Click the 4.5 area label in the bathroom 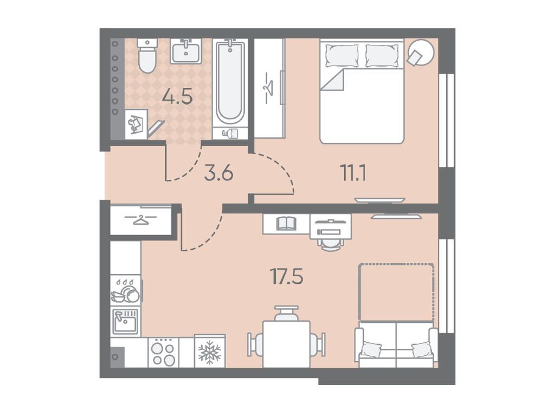pyautogui.click(x=177, y=96)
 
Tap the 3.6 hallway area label pyautogui.click(x=218, y=173)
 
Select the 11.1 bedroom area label pyautogui.click(x=353, y=173)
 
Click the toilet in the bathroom pyautogui.click(x=147, y=56)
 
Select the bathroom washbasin pyautogui.click(x=186, y=51)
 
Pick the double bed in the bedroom pyautogui.click(x=362, y=91)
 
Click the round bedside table pyautogui.click(x=421, y=53)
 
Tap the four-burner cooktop pyautogui.click(x=163, y=352)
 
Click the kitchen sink pyautogui.click(x=125, y=322)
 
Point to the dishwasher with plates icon pyautogui.click(x=126, y=290)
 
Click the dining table pyautogui.click(x=286, y=344)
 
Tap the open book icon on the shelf pyautogui.click(x=286, y=224)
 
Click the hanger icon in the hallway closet pyautogui.click(x=141, y=220)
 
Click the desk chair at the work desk pyautogui.click(x=331, y=243)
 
